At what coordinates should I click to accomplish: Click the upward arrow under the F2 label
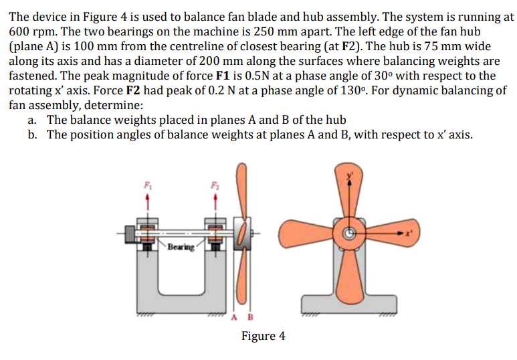point(215,198)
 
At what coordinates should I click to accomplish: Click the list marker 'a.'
point(33,120)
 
